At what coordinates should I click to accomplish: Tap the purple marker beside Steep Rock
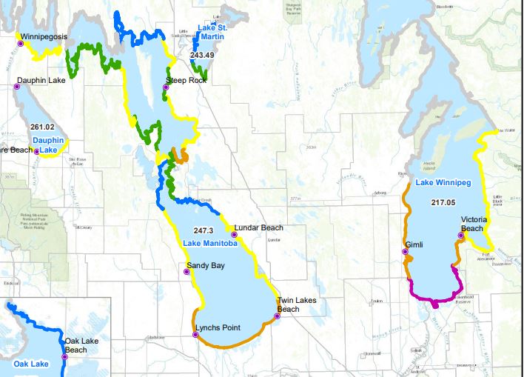coord(166,87)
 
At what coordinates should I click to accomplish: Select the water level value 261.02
coord(44,127)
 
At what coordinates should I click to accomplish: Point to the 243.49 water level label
coord(202,56)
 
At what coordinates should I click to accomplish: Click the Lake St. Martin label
coord(212,32)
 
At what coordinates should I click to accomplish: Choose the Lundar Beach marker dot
coord(234,235)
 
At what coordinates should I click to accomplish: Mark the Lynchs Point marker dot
coord(195,335)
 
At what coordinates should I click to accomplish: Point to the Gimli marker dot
coord(405,252)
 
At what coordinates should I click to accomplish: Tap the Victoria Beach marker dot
coord(460,237)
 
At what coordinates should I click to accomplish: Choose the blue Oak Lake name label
coord(30,364)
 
